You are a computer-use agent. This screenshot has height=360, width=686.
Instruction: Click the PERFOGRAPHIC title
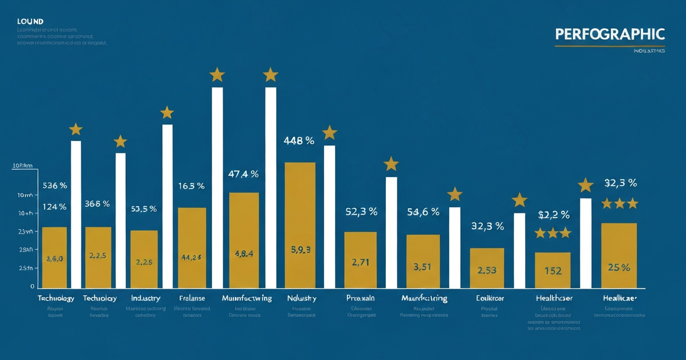[x=610, y=34]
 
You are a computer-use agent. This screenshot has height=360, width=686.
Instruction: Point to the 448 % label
[x=299, y=141]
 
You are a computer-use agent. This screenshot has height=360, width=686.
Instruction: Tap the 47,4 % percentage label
[x=243, y=174]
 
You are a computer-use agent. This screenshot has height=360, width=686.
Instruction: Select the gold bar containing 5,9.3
[x=300, y=225]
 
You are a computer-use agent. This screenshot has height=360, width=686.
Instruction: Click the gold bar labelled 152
[x=553, y=270]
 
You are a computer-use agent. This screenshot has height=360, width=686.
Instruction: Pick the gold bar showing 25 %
[x=619, y=255]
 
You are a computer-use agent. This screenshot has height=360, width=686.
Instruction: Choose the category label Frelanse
[x=192, y=298]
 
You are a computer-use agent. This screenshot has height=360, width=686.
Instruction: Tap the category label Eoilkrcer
[x=490, y=298]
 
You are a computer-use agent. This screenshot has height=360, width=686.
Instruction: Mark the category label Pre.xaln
[x=360, y=298]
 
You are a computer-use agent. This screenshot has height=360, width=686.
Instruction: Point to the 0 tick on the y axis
[x=33, y=286]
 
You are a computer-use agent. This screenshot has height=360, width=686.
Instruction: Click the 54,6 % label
[x=423, y=212]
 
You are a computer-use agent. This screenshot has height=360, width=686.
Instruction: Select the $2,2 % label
[x=553, y=215]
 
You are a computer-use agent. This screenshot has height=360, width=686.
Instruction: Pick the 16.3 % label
[x=192, y=186]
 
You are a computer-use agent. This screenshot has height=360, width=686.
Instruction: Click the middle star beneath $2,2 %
[x=553, y=233]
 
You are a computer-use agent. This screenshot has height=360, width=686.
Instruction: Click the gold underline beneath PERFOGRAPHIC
[x=609, y=46]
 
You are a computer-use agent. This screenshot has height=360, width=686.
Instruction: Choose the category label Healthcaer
[x=553, y=298]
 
